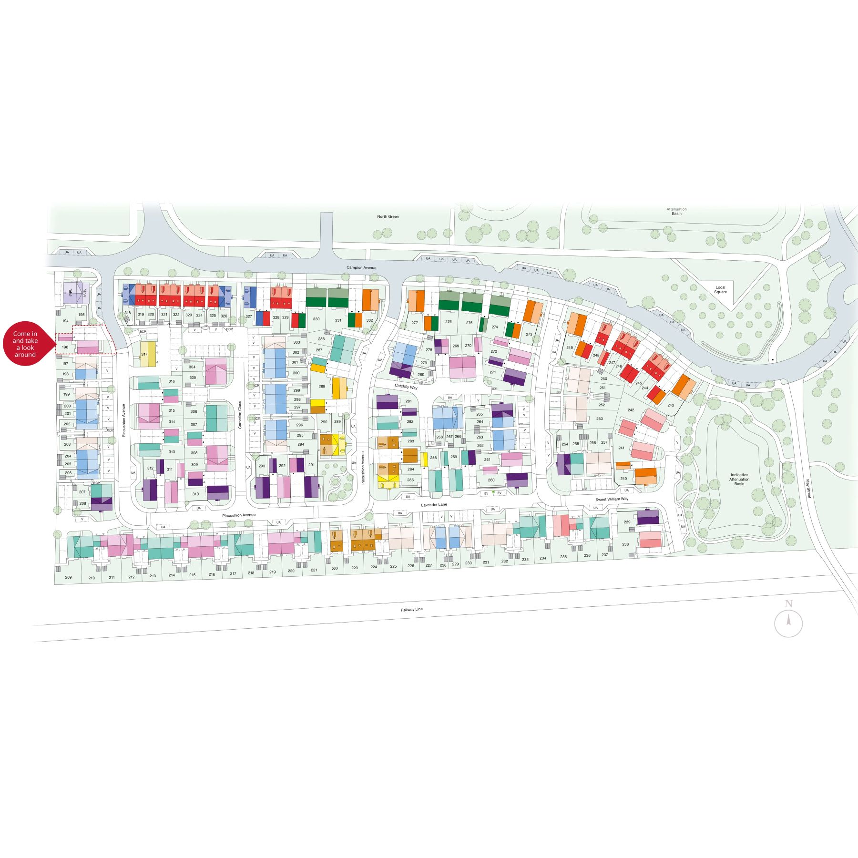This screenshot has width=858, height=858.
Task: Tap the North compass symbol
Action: [x=788, y=622]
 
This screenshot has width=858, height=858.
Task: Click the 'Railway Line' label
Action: [x=411, y=609]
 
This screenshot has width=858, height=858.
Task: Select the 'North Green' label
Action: [x=388, y=216]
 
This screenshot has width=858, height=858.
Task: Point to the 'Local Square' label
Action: [x=720, y=290]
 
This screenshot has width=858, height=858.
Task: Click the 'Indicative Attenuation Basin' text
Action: [x=739, y=479]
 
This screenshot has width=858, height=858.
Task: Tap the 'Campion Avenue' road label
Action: [x=361, y=267]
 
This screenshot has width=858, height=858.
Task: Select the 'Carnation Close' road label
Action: [x=240, y=415]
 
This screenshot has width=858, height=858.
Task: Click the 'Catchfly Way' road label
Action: [x=406, y=387]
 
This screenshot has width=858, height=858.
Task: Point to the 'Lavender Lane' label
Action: [x=434, y=505]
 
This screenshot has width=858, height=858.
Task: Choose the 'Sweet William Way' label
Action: [x=612, y=499]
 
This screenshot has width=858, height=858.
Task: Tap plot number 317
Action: [x=144, y=354]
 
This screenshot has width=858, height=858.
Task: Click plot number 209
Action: [x=68, y=577]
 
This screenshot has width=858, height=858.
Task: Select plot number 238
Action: [x=625, y=544]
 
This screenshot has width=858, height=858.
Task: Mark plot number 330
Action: [x=316, y=319]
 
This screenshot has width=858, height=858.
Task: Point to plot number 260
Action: [x=491, y=480]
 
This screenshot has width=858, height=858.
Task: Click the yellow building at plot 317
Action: [x=149, y=354]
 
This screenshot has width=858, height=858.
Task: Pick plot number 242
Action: [x=631, y=410]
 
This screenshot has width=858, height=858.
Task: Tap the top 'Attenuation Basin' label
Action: [x=676, y=211]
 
